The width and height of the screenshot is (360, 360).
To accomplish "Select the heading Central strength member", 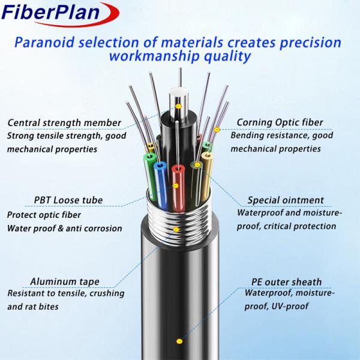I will tap(65, 123).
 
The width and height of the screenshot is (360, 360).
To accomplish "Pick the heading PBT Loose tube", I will tap(67, 200).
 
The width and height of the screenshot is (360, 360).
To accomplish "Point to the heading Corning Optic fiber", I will tap(280, 122).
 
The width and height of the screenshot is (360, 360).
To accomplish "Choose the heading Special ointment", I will tap(286, 200).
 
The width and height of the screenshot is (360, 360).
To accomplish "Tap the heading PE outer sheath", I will tap(286, 281).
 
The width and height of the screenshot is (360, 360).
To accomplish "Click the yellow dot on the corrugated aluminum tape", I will tap(176, 229).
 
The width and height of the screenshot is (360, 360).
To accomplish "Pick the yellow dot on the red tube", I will tap(175, 185).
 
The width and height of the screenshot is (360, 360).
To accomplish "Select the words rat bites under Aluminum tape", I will tap(50, 306).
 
